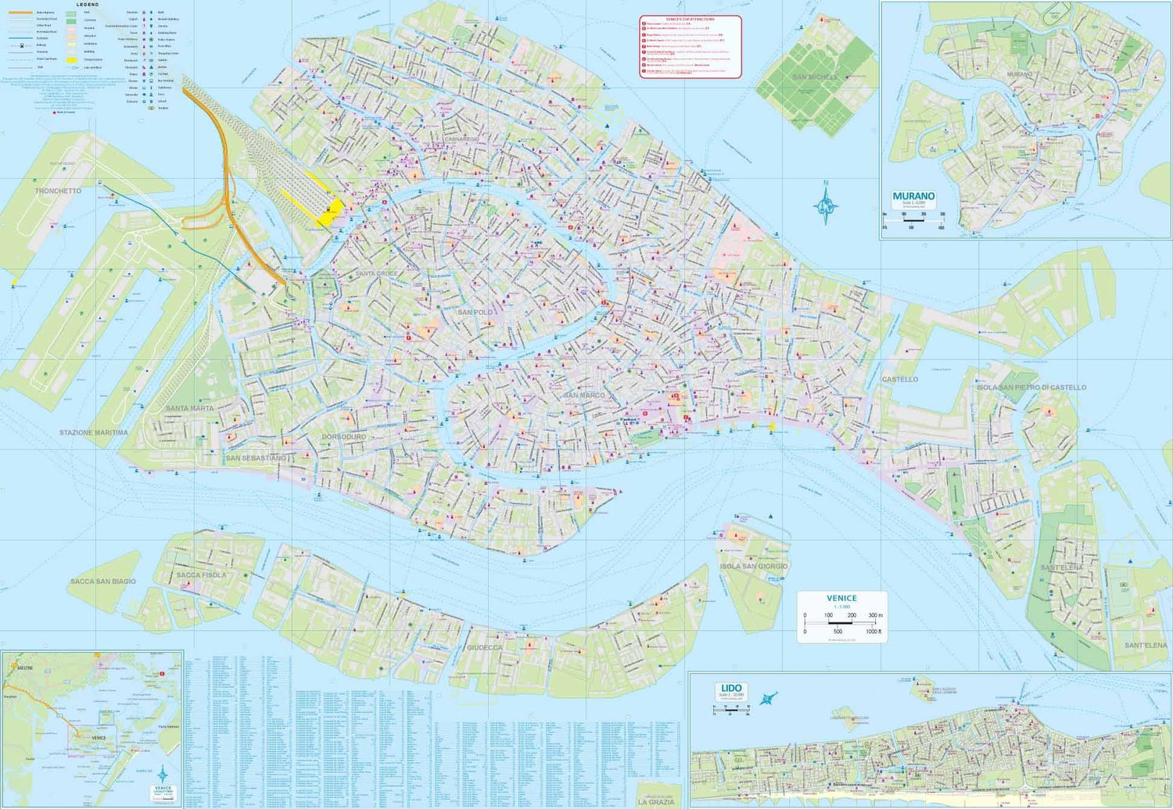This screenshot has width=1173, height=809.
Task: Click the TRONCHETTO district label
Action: pyautogui.click(x=58, y=191)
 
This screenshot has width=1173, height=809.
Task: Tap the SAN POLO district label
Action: pyautogui.click(x=475, y=312)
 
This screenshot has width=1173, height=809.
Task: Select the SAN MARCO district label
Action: pyautogui.click(x=584, y=396)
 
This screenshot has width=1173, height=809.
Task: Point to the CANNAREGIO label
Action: pyautogui.click(x=461, y=139)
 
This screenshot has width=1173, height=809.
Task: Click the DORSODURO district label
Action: pyautogui.click(x=344, y=437)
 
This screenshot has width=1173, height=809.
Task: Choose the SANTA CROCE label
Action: pyautogui.click(x=376, y=274)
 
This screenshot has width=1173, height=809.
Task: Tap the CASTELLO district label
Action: pyautogui.click(x=899, y=379)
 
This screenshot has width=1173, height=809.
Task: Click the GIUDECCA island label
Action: pyautogui.click(x=484, y=647)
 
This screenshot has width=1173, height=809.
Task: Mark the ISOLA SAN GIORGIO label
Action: pyautogui.click(x=754, y=566)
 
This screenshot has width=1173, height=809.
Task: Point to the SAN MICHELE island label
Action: pyautogui.click(x=815, y=77)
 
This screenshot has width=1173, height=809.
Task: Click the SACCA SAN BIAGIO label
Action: pyautogui.click(x=103, y=582)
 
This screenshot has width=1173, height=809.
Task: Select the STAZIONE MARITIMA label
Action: pyautogui.click(x=94, y=432)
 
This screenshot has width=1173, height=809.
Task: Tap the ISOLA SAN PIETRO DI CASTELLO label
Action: pyautogui.click(x=1031, y=388)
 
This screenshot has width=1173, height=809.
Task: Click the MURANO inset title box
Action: pyautogui.click(x=913, y=199)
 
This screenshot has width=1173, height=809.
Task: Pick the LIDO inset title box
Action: pyautogui.click(x=730, y=692)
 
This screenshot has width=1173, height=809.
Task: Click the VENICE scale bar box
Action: pyautogui.click(x=841, y=617)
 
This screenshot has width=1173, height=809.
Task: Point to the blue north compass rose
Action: pyautogui.click(x=826, y=205)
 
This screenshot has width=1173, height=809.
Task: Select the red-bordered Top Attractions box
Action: pyautogui.click(x=690, y=47)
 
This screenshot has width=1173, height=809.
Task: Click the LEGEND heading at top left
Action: pyautogui.click(x=88, y=5)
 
